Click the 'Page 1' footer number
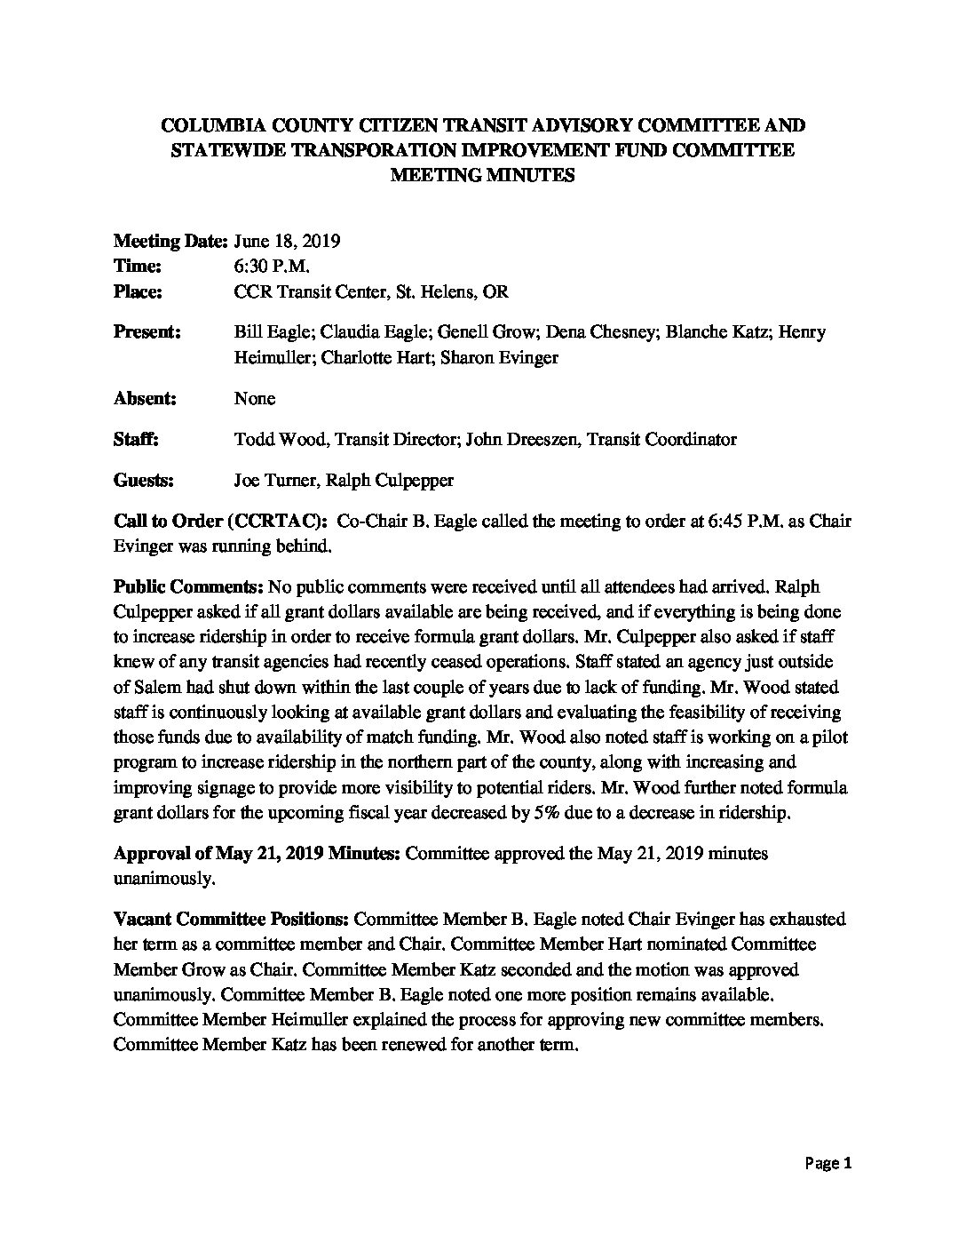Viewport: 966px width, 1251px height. tap(828, 1163)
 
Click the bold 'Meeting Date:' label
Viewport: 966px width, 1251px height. tap(171, 241)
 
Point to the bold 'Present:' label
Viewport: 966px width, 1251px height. tap(147, 332)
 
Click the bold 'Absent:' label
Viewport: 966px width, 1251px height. tap(145, 398)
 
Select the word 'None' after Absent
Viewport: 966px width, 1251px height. tap(254, 398)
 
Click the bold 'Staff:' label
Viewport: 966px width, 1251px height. tap(137, 439)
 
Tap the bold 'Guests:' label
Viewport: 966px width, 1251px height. tap(143, 481)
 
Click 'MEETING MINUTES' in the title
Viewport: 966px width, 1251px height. tap(483, 175)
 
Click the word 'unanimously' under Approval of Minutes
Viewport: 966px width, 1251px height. tap(163, 878)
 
